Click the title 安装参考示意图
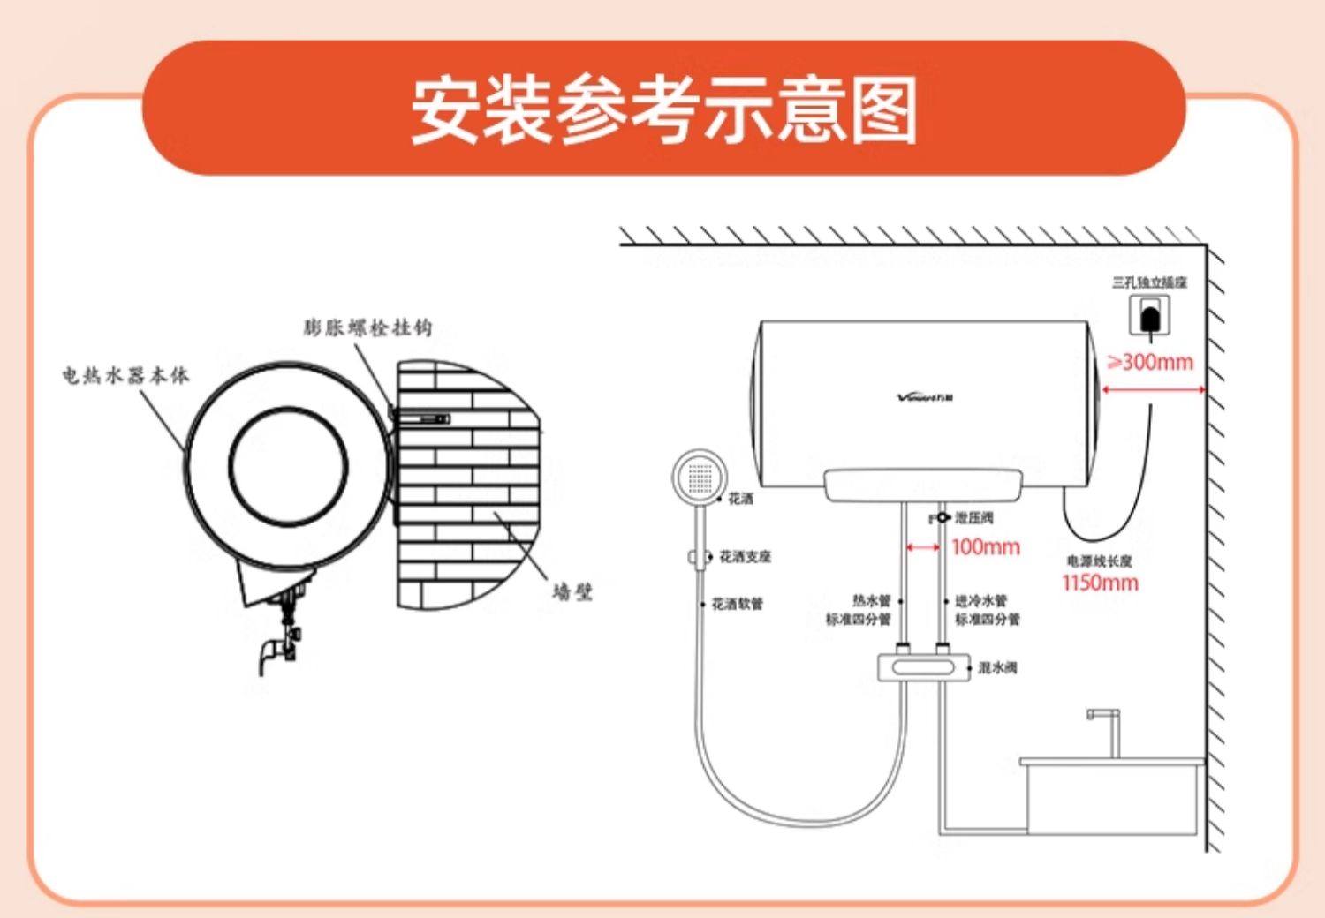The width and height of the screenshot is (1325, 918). [x=663, y=110]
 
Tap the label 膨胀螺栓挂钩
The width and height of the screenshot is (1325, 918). [x=367, y=327]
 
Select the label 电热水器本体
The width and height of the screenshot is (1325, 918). [x=125, y=375]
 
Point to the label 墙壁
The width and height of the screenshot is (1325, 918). [x=572, y=591]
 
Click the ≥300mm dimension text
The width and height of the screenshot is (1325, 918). [x=1150, y=362]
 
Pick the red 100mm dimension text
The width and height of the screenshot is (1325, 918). [x=985, y=547]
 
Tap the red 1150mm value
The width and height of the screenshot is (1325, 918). [x=1100, y=583]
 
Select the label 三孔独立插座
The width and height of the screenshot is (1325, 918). [x=1149, y=282]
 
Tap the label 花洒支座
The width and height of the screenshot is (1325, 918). [x=745, y=557]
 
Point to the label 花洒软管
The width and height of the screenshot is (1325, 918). [x=737, y=605]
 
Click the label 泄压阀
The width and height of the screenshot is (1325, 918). [x=973, y=517]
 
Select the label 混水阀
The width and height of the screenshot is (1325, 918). [x=997, y=667]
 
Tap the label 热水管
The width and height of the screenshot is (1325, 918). [x=871, y=601]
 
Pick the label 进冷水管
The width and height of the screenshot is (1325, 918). [x=980, y=601]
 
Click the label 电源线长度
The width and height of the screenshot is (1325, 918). [x=1099, y=561]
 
